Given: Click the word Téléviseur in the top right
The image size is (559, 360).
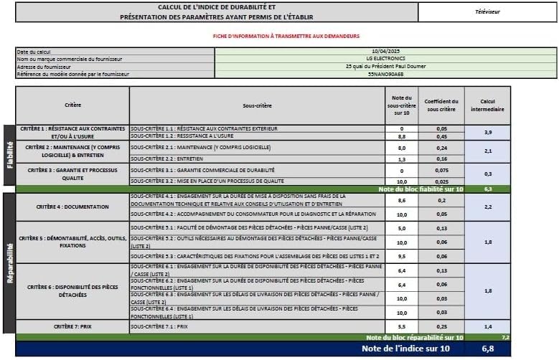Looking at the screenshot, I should [x=488, y=12].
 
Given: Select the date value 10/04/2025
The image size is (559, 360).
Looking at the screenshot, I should [x=385, y=52].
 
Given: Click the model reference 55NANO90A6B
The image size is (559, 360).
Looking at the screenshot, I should [x=385, y=74].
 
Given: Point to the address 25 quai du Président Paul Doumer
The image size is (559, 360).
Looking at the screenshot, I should [x=385, y=66].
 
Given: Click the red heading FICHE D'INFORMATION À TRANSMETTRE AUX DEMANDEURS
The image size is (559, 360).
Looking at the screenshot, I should [x=286, y=36].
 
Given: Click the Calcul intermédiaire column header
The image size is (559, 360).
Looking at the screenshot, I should [x=487, y=105].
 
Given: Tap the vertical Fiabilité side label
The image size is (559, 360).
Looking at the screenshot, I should [x=9, y=155].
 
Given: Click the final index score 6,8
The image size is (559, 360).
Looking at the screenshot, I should [x=487, y=349].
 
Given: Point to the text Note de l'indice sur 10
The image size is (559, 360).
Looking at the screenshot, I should [x=406, y=349].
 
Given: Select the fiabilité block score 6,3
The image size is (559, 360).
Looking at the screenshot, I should [x=487, y=189].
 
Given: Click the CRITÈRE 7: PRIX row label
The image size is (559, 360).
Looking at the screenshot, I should [x=72, y=326].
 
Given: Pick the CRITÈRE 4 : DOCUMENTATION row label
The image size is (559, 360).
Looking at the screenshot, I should [x=72, y=207].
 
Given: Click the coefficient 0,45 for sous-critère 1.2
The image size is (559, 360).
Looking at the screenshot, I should [x=442, y=136].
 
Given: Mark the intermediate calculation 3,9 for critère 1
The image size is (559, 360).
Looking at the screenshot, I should [x=487, y=132].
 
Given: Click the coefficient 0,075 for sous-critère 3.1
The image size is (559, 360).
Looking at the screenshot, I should [x=442, y=171].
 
